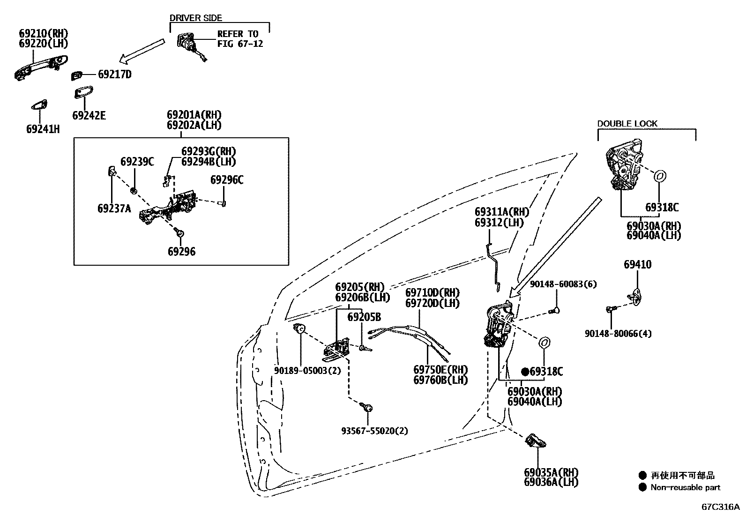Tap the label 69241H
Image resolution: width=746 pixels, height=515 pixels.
pos(43,129)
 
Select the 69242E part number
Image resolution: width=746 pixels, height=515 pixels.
pos(89,115)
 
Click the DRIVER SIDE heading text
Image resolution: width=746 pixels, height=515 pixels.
pos(195,18)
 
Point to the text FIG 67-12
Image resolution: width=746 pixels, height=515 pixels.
pos(240,44)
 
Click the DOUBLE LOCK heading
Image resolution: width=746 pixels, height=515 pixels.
pos(627,124)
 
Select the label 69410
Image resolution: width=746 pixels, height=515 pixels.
pos(637,265)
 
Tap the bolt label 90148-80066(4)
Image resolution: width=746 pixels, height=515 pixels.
pos(618,334)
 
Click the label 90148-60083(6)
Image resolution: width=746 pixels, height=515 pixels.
pos(563,284)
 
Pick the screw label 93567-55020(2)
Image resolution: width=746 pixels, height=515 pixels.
pos(374,431)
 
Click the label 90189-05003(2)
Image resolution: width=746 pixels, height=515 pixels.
pos(307,370)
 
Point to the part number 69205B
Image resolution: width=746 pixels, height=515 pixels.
pos(364,317)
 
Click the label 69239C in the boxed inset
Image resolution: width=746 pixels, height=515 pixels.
pos(137,162)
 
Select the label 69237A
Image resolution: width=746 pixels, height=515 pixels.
pos(114,209)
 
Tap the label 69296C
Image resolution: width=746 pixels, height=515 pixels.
pos(227,180)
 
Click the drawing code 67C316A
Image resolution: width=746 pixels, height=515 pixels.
pos(720,507)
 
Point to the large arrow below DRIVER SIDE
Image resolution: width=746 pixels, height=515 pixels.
pos(142,51)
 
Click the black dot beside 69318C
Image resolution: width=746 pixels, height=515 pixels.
pos(525,372)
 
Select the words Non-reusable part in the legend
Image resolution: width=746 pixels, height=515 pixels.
pos(685,487)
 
